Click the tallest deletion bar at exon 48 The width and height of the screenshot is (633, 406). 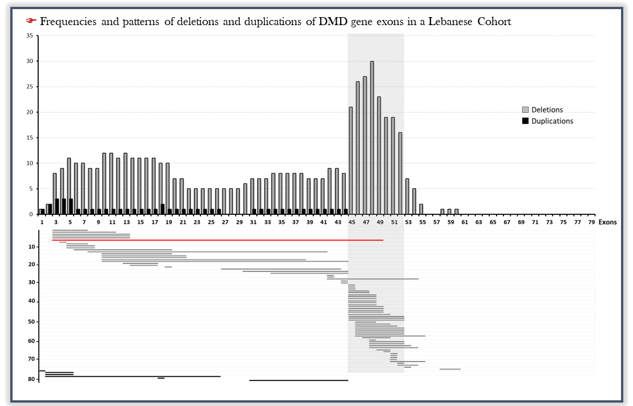(372, 137)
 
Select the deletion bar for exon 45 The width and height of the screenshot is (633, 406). (351, 160)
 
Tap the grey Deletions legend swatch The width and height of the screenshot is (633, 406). (525, 110)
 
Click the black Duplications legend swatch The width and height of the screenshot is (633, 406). (525, 121)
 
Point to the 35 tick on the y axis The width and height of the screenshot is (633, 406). (29, 35)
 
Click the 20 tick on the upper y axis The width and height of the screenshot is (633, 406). (29, 112)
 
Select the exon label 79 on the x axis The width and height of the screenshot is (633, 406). (591, 222)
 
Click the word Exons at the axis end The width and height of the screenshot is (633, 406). (607, 222)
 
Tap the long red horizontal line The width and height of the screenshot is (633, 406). (217, 240)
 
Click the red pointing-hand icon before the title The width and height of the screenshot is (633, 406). (31, 21)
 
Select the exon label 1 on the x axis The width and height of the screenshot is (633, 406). (42, 222)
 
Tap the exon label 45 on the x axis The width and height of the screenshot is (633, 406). (352, 222)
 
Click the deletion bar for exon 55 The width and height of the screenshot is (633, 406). (421, 209)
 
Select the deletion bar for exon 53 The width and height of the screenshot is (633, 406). (407, 196)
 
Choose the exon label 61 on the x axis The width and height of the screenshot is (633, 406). (465, 222)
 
